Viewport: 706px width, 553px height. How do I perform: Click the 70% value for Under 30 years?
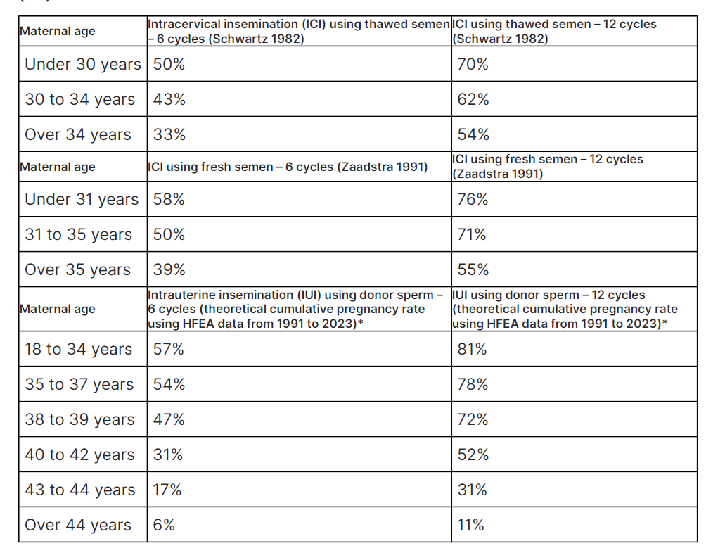point(473,65)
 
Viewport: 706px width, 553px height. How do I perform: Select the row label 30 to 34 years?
point(79,100)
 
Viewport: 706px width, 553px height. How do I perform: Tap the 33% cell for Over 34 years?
point(169,135)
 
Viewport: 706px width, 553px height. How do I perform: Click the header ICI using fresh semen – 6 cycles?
point(287,167)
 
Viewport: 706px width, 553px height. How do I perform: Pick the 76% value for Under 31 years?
point(473,200)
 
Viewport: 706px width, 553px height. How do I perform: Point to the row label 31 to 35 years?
point(78,235)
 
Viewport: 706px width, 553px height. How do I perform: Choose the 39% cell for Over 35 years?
point(169,270)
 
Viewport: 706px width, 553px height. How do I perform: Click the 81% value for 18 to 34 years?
point(472,350)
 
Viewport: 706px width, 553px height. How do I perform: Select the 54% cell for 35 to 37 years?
point(169,385)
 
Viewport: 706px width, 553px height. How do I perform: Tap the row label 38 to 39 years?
point(79,420)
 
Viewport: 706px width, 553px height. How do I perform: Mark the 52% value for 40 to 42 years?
point(473,455)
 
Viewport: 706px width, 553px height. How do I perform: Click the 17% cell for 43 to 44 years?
point(167,490)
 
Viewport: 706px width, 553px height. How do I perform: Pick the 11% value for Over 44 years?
point(470,526)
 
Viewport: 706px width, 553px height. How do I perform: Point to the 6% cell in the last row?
point(164,526)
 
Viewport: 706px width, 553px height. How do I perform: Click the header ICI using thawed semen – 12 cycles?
point(555,32)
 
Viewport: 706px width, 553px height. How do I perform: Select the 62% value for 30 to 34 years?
point(473,100)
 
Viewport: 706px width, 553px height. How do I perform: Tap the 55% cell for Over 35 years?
point(473,270)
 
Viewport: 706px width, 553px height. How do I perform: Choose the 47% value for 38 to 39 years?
point(169,420)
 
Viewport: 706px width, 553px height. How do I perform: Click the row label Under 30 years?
point(82,65)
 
